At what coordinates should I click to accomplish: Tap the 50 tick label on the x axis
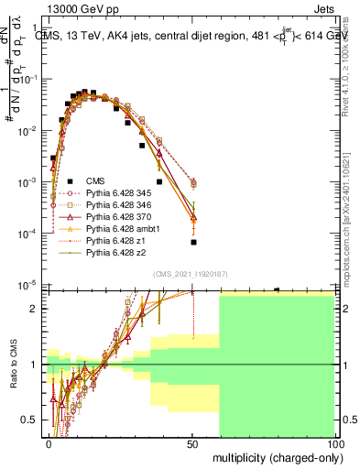(193, 443)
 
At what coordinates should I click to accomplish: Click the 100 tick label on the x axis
(336, 443)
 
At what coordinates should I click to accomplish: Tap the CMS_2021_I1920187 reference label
(189, 274)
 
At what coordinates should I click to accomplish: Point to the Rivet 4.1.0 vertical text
(349, 64)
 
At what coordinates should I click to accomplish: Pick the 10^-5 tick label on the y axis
(29, 285)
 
